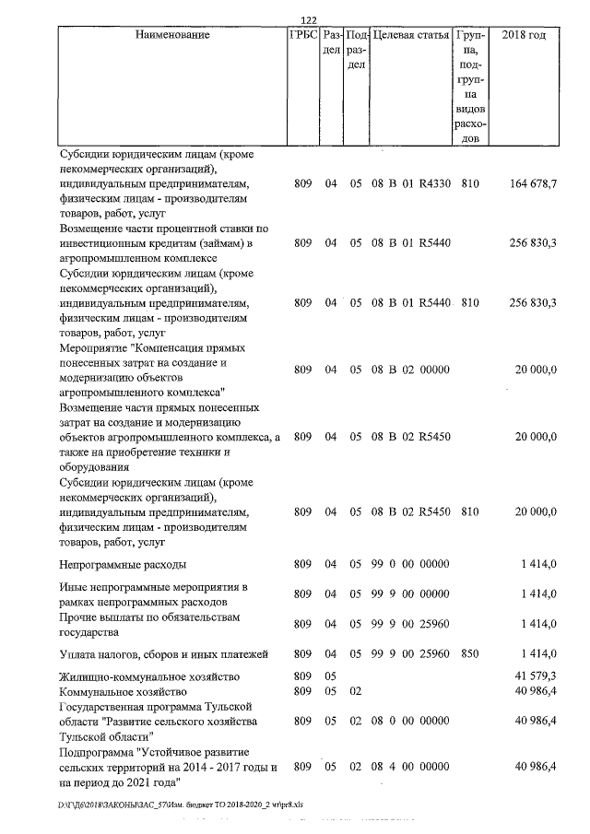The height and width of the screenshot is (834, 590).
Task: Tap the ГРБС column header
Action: (303, 35)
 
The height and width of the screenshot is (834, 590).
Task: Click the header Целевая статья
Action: (410, 35)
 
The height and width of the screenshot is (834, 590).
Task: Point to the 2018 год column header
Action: (523, 35)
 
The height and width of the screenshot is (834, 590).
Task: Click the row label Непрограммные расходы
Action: (123, 563)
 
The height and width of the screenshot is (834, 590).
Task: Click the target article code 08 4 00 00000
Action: (410, 767)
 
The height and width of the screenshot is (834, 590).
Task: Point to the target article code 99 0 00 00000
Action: (410, 563)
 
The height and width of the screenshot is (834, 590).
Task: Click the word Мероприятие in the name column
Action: (96, 348)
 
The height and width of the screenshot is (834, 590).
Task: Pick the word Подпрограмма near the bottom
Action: (96, 752)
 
